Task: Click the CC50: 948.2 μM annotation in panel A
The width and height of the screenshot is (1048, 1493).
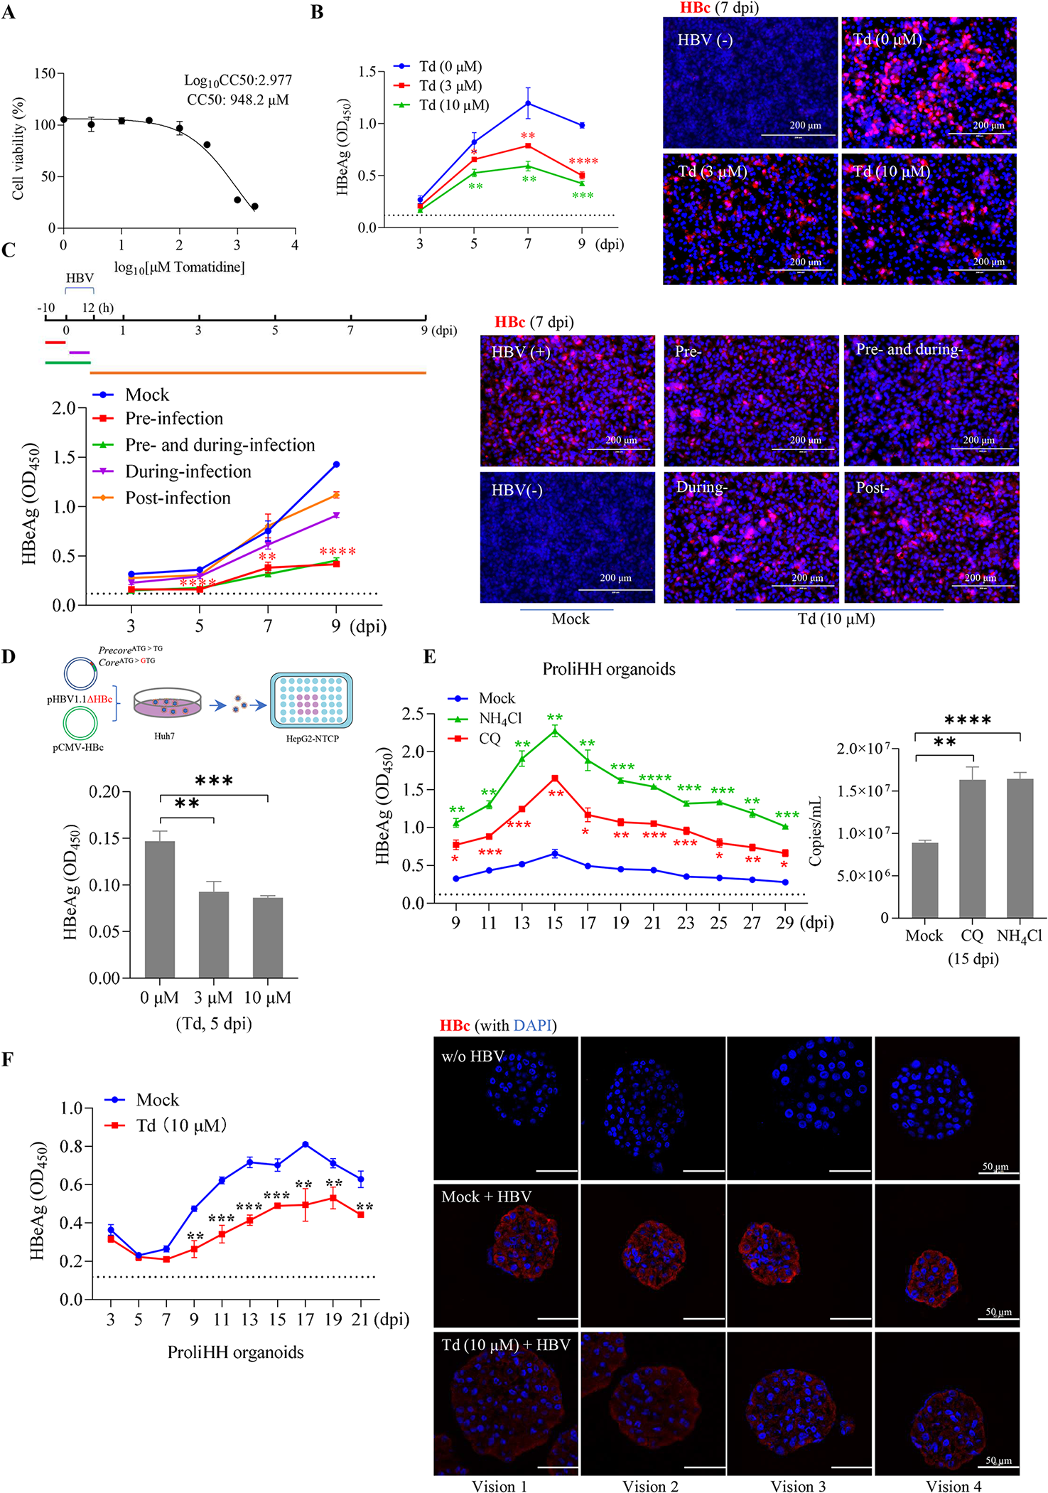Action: pos(237,100)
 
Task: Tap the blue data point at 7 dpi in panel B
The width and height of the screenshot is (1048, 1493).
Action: pos(528,104)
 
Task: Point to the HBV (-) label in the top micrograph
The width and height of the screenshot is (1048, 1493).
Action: pos(705,40)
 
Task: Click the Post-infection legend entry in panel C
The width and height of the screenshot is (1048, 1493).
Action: pos(178,498)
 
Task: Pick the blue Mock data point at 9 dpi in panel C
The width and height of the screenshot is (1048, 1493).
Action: pos(336,464)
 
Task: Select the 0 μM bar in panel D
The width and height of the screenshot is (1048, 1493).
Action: pos(160,909)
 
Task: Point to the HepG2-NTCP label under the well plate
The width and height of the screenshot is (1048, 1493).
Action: pos(312,739)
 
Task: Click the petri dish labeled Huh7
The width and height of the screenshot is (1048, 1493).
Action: pos(167,702)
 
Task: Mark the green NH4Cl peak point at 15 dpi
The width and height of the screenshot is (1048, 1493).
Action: pos(555,731)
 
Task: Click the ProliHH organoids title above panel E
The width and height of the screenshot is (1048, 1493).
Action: pos(609,669)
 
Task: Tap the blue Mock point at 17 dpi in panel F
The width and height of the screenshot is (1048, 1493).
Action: pos(305,1145)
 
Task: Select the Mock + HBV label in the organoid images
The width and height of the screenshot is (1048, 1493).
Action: pos(486,1197)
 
